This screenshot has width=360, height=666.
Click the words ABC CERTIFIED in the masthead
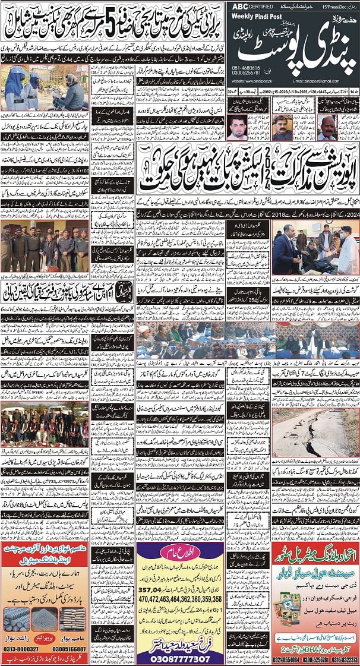tap(250, 6)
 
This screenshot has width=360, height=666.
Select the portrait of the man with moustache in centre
tap(282, 127)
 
